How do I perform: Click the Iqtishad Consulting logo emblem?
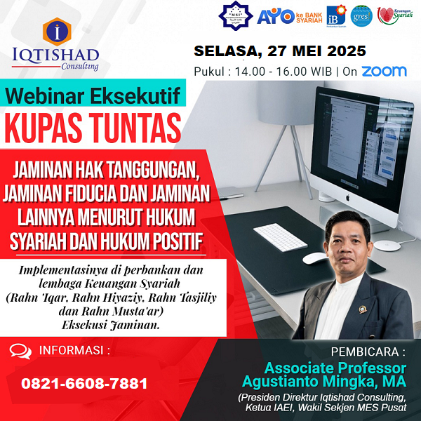pos(56,29)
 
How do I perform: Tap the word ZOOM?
pos(384,71)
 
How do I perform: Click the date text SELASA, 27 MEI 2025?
pos(280,51)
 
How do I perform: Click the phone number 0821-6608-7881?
pos(85,384)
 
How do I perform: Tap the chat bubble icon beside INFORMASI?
pos(20,351)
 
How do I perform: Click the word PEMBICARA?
pos(370,351)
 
